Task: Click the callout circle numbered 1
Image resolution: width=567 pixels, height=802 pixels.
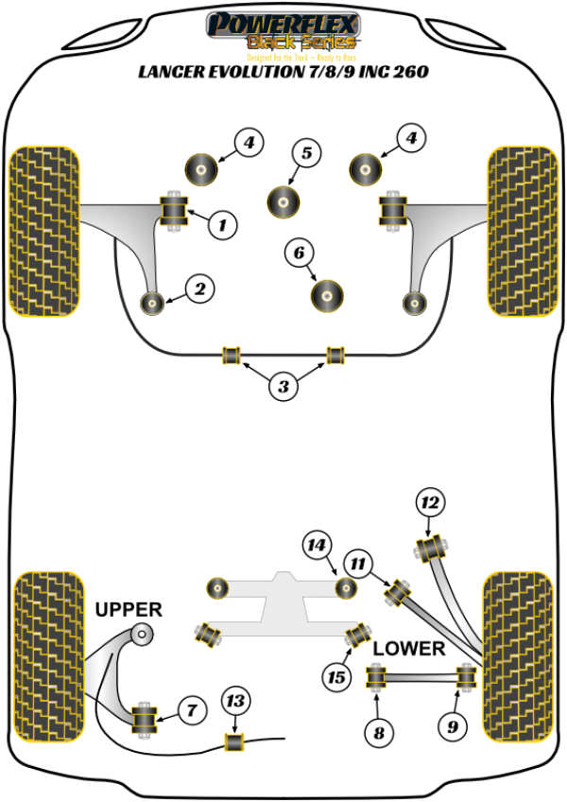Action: click(x=222, y=225)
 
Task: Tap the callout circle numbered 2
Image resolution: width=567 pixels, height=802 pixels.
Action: click(x=200, y=289)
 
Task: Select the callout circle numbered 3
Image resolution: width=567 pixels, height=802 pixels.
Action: click(x=283, y=386)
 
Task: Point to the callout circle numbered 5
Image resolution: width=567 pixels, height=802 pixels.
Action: click(x=306, y=153)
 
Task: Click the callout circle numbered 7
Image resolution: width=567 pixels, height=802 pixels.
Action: click(x=191, y=708)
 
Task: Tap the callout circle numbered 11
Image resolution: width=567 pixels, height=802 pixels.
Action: click(x=357, y=565)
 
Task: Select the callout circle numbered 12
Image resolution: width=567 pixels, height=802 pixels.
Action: click(x=430, y=503)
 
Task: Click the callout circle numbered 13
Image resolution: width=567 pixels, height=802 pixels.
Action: click(x=235, y=701)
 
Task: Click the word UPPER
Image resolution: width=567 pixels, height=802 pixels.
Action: click(x=129, y=610)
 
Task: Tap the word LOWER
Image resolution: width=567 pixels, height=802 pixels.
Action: click(x=407, y=649)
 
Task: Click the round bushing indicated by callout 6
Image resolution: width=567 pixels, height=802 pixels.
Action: click(x=327, y=294)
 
